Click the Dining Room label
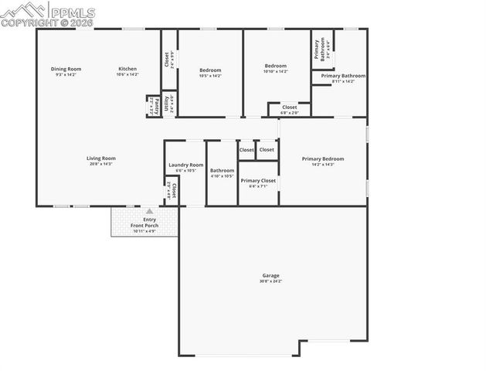(66, 69)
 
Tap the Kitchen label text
(127, 69)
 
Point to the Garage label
(270, 275)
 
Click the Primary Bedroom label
(322, 158)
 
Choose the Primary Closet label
(257, 180)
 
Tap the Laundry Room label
(185, 165)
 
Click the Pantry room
(154, 105)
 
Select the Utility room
(168, 102)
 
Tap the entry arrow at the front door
(150, 210)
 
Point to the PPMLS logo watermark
(48, 14)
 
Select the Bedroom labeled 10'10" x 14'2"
(275, 66)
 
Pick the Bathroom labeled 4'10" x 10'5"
(222, 170)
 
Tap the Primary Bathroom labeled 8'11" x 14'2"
(343, 76)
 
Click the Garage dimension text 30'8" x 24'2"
(270, 281)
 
